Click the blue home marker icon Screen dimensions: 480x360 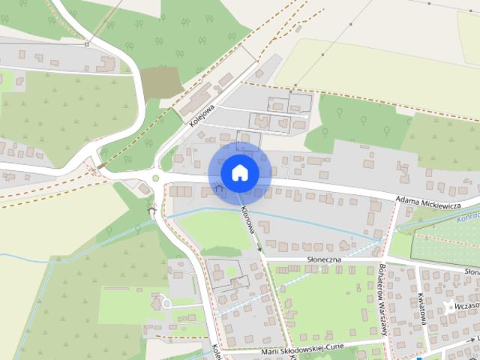pos(239,172)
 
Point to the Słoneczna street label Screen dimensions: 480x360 pos(324,259)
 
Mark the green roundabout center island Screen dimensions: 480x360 pos(155,178)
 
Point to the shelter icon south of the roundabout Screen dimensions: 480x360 pos(152,211)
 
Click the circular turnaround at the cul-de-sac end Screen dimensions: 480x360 pos(166,303)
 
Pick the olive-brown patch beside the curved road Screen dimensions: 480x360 pos(160,82)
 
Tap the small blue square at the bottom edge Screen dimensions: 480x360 pos(419,357)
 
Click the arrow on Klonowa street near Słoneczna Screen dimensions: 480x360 pos(258,247)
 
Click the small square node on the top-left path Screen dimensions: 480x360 pos(87,44)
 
